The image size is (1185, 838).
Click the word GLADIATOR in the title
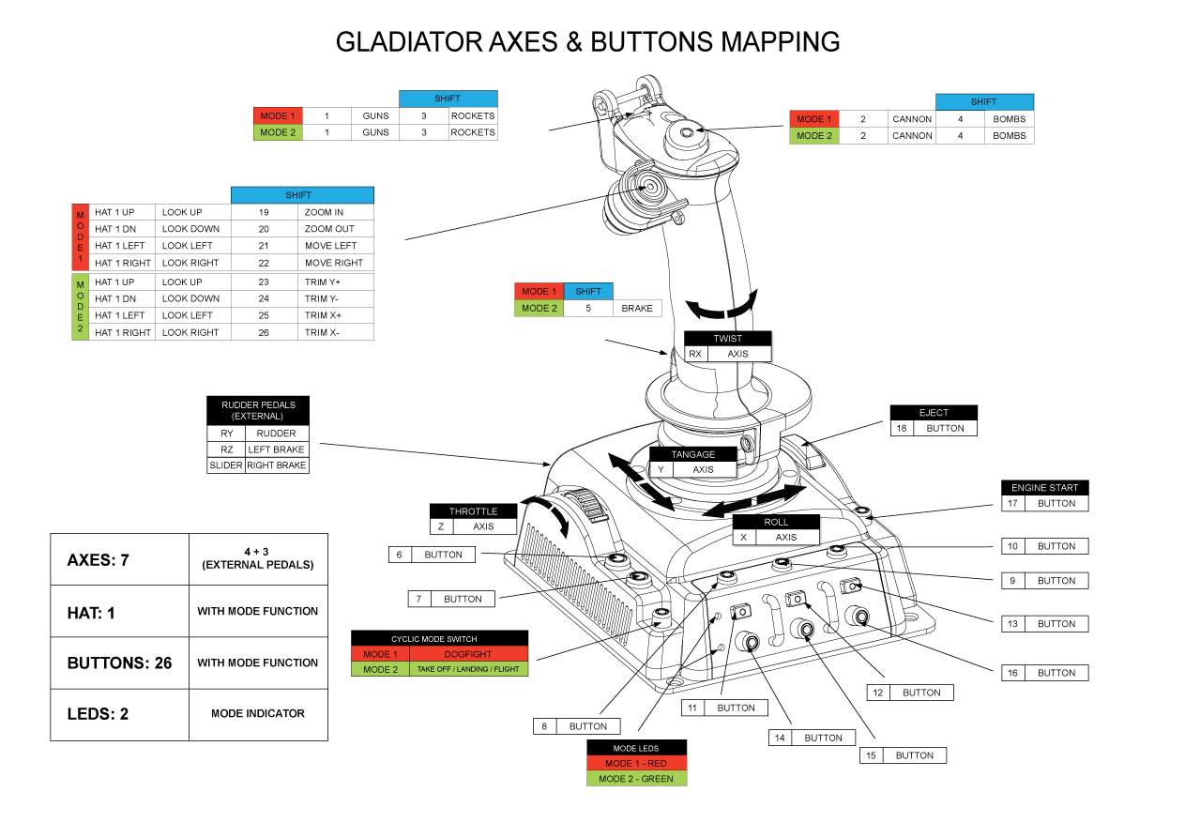(409, 42)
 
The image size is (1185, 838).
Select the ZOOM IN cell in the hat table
(335, 212)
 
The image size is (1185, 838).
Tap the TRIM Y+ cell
(335, 282)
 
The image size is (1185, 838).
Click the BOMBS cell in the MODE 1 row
(1009, 119)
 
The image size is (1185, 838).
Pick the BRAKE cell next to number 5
(637, 308)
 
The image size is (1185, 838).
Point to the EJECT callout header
(934, 413)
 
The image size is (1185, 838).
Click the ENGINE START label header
(1045, 488)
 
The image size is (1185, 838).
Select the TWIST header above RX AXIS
(727, 339)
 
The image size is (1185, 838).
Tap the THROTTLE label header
(474, 511)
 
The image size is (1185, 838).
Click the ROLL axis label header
(776, 522)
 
